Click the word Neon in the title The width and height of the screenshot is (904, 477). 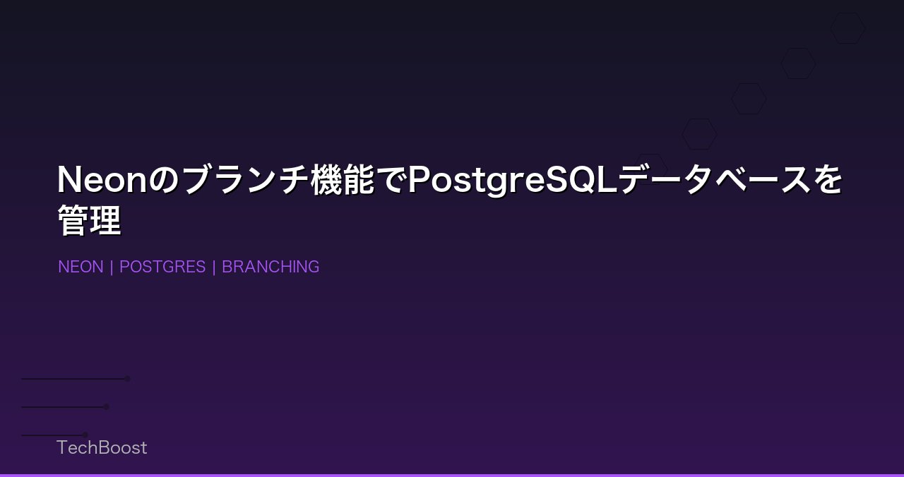[x=102, y=180]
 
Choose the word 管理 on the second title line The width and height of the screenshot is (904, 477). [x=89, y=221]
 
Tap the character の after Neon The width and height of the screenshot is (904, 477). [x=164, y=180]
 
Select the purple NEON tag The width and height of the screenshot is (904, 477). [x=81, y=267]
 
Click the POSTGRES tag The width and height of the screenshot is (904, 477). [x=162, y=267]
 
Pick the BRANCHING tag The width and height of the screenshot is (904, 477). [x=270, y=267]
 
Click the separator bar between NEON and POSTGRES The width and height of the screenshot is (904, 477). [x=112, y=267]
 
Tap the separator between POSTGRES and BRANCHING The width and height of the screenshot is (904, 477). [x=214, y=267]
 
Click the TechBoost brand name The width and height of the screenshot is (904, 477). [x=102, y=447]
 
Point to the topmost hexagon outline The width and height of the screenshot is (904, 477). [x=847, y=28]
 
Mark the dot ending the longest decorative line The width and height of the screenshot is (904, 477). [x=128, y=379]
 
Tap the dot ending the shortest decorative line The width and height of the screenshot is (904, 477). [x=85, y=435]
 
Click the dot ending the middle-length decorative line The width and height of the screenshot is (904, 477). [x=107, y=406]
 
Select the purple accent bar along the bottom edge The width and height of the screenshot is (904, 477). [x=452, y=475]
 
